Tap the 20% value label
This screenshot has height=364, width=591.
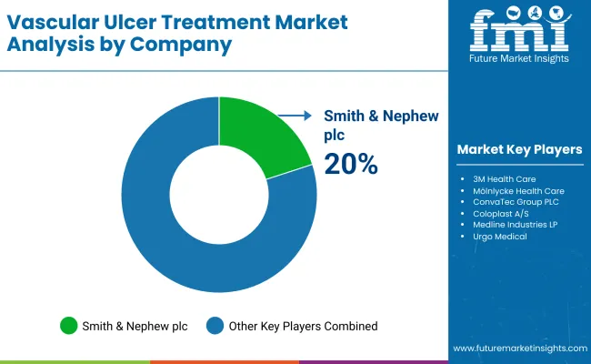click(x=351, y=164)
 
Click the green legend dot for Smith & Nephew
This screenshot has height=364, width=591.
click(x=68, y=325)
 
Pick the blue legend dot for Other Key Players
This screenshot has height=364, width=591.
click(x=215, y=325)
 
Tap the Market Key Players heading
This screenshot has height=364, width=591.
click(x=520, y=149)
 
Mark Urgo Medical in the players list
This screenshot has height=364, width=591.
click(x=499, y=237)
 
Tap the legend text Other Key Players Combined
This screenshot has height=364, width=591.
click(x=303, y=325)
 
